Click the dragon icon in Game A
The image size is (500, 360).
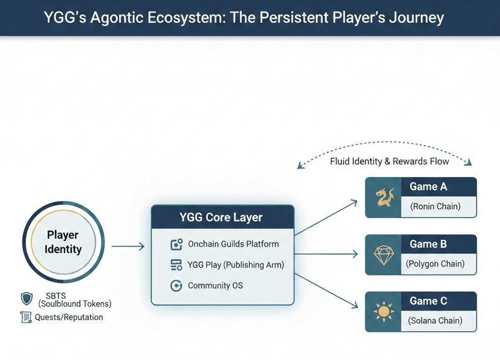pyautogui.click(x=383, y=198)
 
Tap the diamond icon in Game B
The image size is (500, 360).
pyautogui.click(x=383, y=254)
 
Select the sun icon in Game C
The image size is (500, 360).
pyautogui.click(x=383, y=312)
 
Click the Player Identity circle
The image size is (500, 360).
pyautogui.click(x=63, y=242)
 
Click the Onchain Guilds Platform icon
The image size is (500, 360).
pyautogui.click(x=177, y=245)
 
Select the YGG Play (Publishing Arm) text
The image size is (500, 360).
pyautogui.click(x=236, y=265)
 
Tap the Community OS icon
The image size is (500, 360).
pyautogui.click(x=177, y=285)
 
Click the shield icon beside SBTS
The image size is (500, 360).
pyautogui.click(x=27, y=298)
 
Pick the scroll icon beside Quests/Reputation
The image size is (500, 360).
pyautogui.click(x=26, y=317)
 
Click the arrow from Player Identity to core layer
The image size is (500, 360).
pyautogui.click(x=128, y=246)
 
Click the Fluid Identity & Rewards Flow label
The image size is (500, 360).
pyautogui.click(x=389, y=161)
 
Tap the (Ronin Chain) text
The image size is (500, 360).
pyautogui.click(x=435, y=207)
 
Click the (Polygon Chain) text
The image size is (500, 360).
pyautogui.click(x=435, y=263)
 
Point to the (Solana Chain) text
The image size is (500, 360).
pyautogui.click(x=435, y=320)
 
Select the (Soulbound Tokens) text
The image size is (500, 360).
pyautogui.click(x=75, y=304)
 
